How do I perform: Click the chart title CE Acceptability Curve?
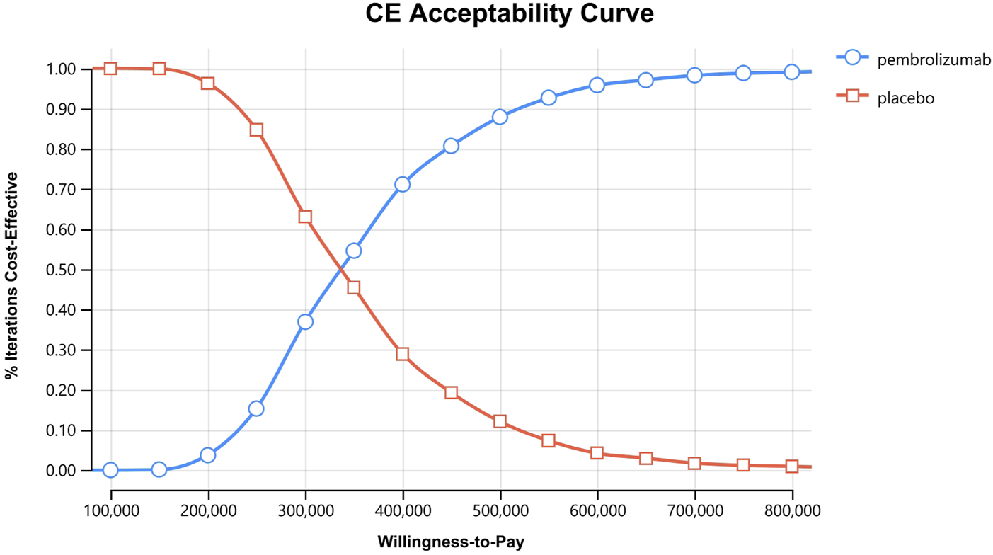coord(509,14)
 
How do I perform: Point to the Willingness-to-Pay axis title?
coord(450,542)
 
